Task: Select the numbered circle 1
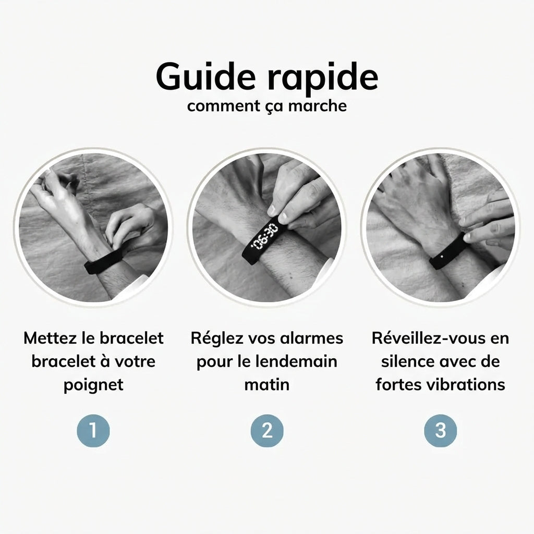tap(93, 431)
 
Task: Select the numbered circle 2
tap(267, 431)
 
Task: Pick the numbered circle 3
tap(441, 431)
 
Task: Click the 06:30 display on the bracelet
tap(264, 237)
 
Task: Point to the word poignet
tap(93, 385)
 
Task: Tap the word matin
tap(267, 385)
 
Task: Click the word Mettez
tap(49, 338)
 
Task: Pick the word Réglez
tap(215, 338)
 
